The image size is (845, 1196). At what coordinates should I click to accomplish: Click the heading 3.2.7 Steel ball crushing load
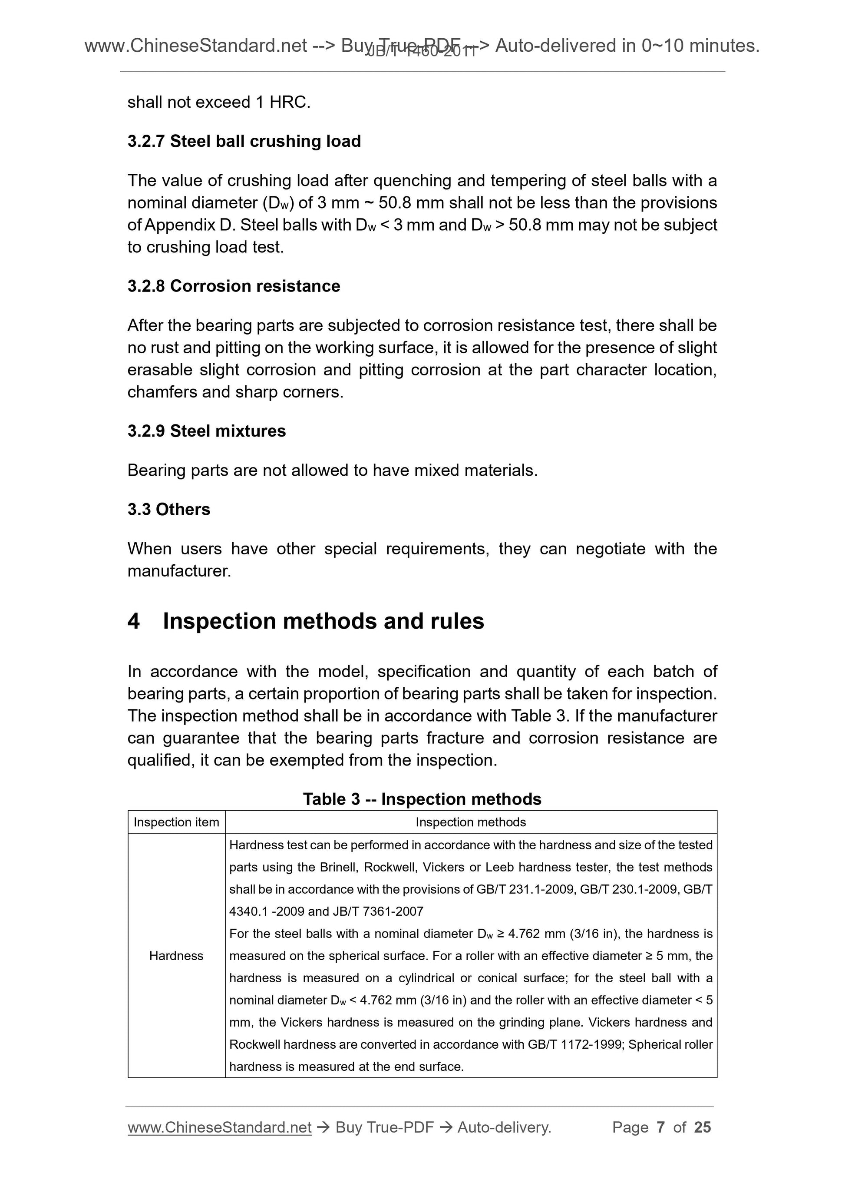tap(244, 141)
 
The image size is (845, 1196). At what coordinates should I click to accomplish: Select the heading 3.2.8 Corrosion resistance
tap(233, 286)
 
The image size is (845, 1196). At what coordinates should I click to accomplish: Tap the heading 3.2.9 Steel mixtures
tap(206, 431)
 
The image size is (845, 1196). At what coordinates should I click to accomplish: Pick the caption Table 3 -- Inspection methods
tap(422, 799)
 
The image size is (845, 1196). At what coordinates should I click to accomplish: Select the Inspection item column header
tap(176, 822)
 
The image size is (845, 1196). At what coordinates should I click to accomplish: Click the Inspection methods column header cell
tap(471, 822)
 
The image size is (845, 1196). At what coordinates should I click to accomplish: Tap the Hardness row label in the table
tap(176, 955)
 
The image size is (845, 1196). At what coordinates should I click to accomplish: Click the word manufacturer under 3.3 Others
tap(178, 571)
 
